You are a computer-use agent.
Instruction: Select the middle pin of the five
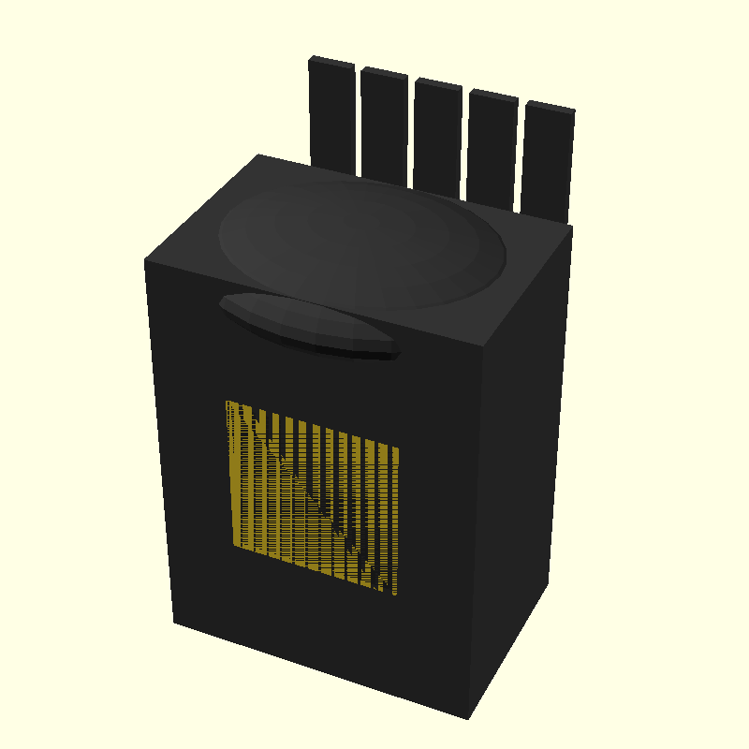437,136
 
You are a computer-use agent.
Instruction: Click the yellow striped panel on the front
314,496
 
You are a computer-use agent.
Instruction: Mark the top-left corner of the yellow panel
227,402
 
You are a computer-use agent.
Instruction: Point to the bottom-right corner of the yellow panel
397,595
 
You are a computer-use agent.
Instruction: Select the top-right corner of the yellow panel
400,448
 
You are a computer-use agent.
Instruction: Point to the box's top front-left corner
145,260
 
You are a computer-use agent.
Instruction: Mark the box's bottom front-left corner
174,622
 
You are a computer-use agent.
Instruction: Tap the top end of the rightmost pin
551,107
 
